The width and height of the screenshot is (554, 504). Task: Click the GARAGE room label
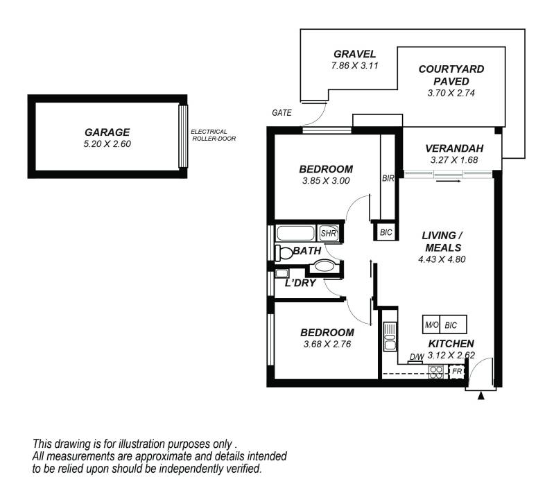(x=107, y=132)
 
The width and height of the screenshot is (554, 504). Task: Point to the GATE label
(x=282, y=112)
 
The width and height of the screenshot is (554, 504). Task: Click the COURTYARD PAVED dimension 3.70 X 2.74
(x=451, y=92)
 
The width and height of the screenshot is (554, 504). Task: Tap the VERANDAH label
(x=453, y=148)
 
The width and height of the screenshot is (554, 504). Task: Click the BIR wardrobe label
(x=388, y=179)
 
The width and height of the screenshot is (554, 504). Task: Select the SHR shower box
(x=328, y=234)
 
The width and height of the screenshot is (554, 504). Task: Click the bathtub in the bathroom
(x=296, y=234)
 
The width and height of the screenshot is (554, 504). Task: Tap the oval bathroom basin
(x=324, y=266)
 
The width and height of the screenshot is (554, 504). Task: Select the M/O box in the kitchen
(x=431, y=324)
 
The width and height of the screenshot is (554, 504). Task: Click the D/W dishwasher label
(x=417, y=358)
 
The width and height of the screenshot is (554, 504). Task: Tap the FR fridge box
(x=456, y=372)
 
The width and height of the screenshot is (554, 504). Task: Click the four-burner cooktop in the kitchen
(x=436, y=372)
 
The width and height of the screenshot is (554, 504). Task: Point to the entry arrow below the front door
(x=481, y=396)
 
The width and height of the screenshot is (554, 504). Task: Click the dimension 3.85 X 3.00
(x=326, y=181)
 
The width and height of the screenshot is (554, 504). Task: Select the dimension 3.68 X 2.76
(x=328, y=344)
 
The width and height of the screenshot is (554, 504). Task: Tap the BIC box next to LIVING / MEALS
(x=386, y=232)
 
